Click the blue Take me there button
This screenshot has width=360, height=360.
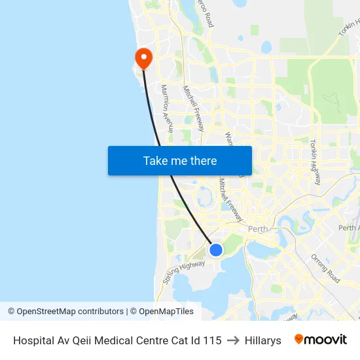click(x=180, y=160)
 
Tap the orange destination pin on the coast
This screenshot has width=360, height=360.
click(x=142, y=58)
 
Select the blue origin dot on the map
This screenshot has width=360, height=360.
click(x=215, y=249)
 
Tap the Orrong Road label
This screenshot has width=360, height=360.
click(x=325, y=268)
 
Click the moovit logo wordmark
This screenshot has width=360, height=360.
click(x=320, y=340)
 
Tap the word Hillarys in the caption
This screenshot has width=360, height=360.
click(x=262, y=340)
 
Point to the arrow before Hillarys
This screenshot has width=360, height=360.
click(x=233, y=340)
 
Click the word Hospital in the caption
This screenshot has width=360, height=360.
click(x=33, y=340)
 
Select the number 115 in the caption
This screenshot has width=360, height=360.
click(x=211, y=340)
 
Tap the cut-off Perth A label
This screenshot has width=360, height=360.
click(x=348, y=228)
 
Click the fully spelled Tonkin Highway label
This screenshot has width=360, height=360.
click(x=316, y=162)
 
